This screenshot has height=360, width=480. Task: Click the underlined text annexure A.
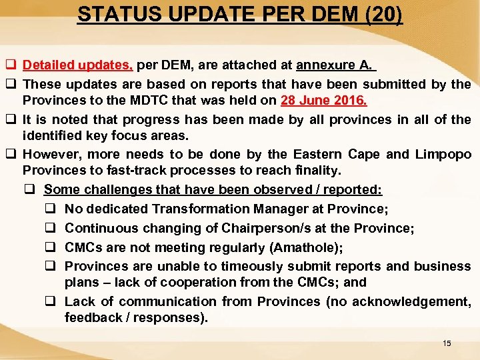335,65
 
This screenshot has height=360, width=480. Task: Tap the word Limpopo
443,155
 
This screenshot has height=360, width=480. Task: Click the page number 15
447,343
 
